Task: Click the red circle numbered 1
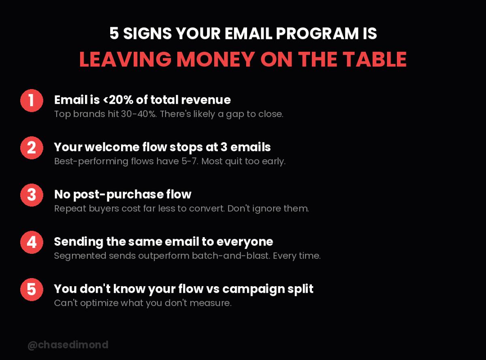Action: coord(32,101)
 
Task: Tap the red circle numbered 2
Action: coord(32,148)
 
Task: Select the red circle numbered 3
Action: coord(32,195)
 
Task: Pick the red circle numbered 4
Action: coord(32,242)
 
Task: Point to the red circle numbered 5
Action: coord(32,289)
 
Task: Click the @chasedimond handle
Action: coord(68,345)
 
